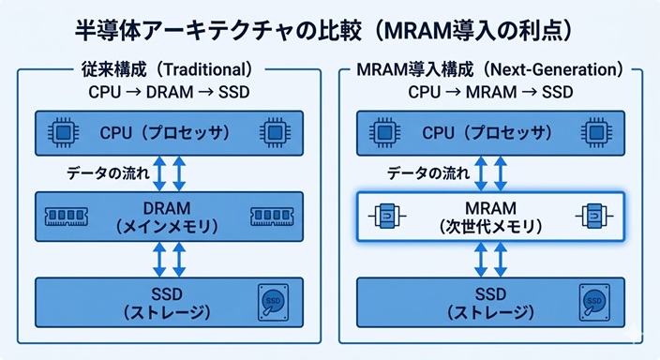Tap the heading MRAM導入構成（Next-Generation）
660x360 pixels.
coord(490,69)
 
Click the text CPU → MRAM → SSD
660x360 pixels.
coord(490,93)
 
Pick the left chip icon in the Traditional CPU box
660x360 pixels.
coord(63,132)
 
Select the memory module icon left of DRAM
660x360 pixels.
coord(67,217)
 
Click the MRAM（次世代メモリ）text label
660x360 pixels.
coord(490,217)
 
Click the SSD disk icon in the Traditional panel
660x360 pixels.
coord(272,301)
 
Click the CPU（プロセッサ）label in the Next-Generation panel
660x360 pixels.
coord(490,132)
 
